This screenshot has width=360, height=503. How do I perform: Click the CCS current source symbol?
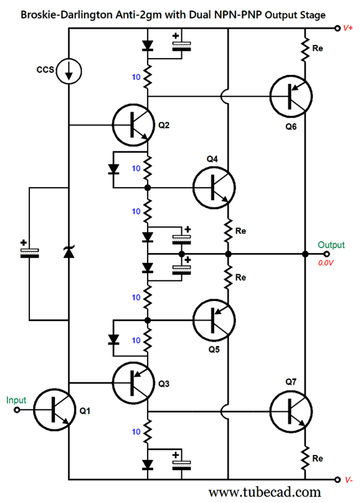[x=69, y=71]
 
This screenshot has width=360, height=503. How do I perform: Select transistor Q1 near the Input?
[x=54, y=410]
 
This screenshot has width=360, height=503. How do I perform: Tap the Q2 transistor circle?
[x=134, y=125]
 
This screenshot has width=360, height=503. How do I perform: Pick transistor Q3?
[x=134, y=383]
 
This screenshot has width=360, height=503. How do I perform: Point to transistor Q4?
[x=214, y=188]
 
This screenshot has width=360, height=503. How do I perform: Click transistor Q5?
[x=214, y=320]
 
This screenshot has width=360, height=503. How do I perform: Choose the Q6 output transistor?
[x=291, y=96]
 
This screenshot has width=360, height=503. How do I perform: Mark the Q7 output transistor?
[x=291, y=411]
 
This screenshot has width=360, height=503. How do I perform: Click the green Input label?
[x=16, y=400]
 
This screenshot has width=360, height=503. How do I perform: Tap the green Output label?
[x=331, y=245]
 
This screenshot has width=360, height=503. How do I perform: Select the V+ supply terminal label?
[x=348, y=28]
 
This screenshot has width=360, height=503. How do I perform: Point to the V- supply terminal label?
[x=349, y=480]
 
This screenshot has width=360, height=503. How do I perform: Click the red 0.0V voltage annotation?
[x=326, y=263]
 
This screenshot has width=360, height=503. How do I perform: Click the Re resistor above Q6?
[x=305, y=49]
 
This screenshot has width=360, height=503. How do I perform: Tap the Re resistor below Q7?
[x=305, y=458]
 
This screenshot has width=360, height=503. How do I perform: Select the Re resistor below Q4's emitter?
[x=228, y=231]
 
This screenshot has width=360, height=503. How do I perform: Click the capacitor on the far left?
[x=29, y=253]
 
